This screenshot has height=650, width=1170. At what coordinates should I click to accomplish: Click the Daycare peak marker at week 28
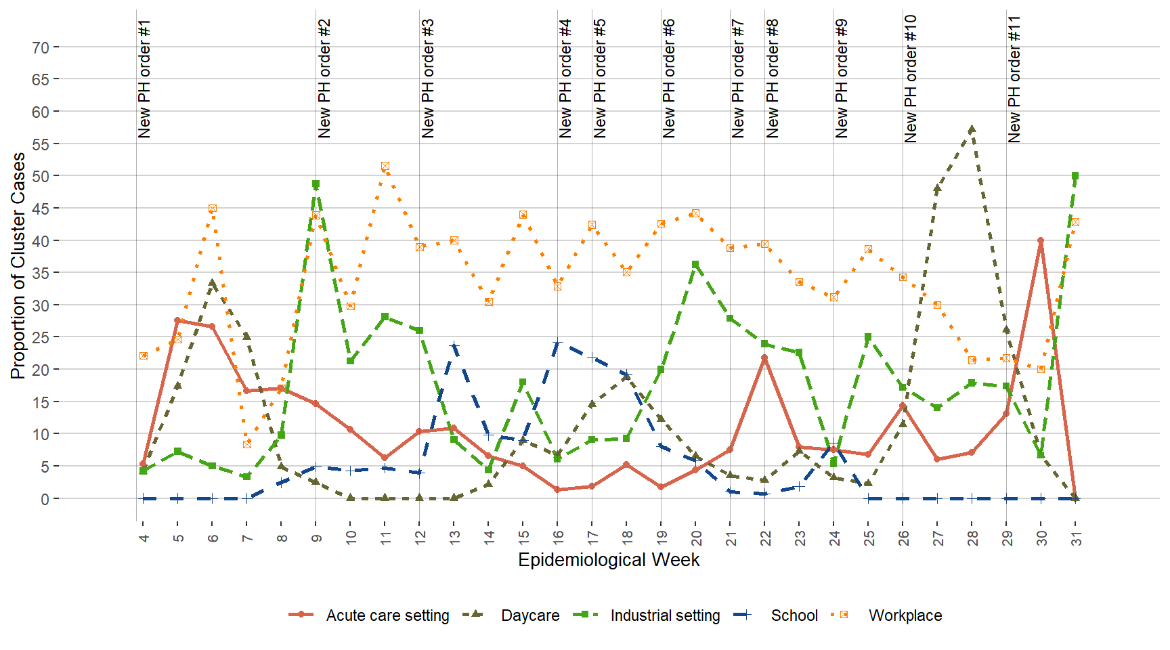click(972, 129)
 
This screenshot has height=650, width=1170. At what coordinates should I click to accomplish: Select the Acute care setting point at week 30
click(1041, 240)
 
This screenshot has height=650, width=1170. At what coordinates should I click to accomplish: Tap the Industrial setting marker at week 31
click(1075, 176)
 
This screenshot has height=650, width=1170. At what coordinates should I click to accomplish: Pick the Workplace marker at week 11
click(385, 166)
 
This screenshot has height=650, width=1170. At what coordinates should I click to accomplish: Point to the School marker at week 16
click(557, 343)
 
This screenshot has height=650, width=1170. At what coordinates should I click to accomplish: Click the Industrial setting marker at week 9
click(316, 184)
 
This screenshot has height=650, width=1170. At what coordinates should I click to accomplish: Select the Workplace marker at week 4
click(144, 355)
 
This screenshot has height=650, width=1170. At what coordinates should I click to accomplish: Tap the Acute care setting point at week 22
click(764, 357)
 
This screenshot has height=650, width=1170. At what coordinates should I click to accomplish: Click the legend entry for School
click(794, 615)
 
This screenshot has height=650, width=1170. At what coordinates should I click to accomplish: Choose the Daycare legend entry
click(530, 615)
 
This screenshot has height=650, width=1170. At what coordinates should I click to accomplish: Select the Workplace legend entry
click(905, 615)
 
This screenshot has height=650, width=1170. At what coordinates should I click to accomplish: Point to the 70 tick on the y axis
click(41, 47)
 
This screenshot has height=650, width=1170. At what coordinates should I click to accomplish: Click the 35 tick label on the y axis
click(41, 273)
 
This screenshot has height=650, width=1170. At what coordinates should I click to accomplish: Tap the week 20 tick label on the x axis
click(696, 538)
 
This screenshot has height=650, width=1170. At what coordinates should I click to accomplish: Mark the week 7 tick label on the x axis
click(247, 538)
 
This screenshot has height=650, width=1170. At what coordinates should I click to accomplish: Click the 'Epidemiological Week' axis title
click(609, 560)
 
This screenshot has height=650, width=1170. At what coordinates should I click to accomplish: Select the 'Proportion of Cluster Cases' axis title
click(18, 265)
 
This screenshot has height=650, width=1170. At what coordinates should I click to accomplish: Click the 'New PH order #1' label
click(144, 79)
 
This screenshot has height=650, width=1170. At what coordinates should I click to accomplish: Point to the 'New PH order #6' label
click(669, 79)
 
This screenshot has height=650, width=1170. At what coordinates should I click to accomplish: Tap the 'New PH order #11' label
click(1014, 79)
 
